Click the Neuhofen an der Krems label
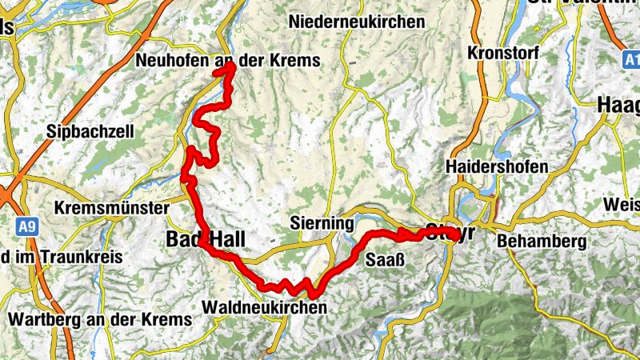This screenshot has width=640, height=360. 228,60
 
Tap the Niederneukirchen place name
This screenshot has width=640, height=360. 357,22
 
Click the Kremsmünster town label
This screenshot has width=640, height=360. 112,208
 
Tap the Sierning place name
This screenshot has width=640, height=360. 322,223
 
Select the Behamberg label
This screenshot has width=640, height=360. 541,241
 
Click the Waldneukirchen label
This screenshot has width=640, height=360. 265,307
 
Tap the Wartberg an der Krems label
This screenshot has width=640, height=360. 100,319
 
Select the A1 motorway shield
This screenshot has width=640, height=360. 630,60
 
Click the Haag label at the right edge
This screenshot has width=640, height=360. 619,105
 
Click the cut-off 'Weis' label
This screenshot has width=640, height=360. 622,205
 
